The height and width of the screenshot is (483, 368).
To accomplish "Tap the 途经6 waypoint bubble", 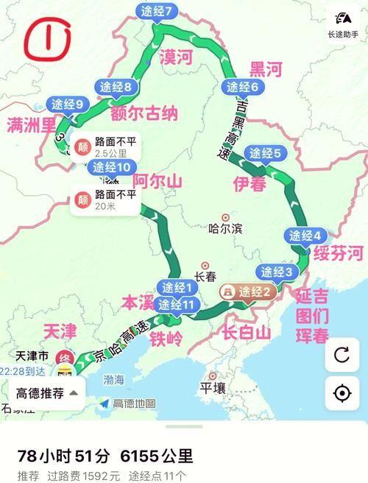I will [243, 88].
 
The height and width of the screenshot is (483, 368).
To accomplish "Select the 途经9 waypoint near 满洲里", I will [67, 105].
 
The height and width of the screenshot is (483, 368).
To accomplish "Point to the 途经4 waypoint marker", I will [304, 236].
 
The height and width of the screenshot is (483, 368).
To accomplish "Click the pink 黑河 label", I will [266, 70].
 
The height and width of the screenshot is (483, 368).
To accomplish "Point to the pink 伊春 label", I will [250, 183].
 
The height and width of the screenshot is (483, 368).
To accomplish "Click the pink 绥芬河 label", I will [338, 254].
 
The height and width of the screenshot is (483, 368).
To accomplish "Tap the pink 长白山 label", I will [247, 332].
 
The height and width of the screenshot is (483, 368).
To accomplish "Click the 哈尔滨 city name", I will [225, 228].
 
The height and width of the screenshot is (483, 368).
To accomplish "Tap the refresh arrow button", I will [342, 354].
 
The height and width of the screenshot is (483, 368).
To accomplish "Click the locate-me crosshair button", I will [342, 393].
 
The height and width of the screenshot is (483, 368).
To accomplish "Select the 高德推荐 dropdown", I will [46, 393].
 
